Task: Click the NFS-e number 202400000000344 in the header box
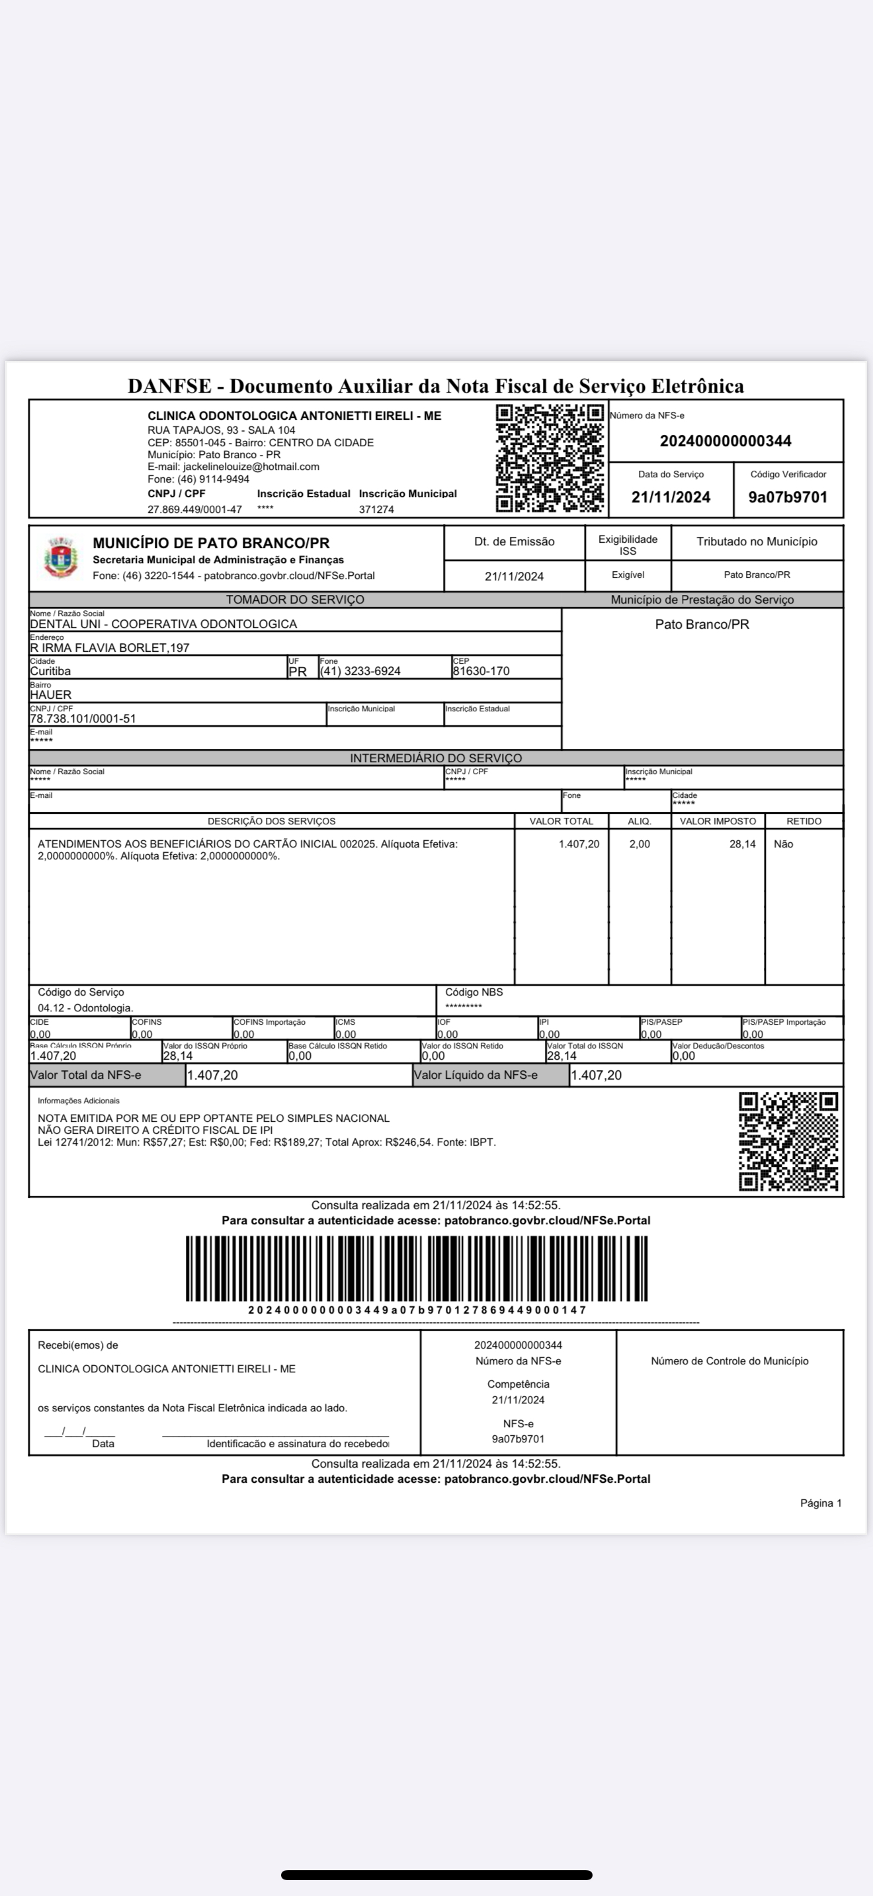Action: pos(725,441)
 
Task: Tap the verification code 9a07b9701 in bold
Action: pos(788,497)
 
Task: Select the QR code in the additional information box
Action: pos(788,1141)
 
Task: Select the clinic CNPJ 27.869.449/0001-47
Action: pos(194,509)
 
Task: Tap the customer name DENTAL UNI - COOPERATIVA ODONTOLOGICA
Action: pos(163,624)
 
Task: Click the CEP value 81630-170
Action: pos(481,671)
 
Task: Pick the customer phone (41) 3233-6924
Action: pos(360,671)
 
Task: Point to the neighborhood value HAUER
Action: pos(51,695)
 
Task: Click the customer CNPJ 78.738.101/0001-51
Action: pos(83,719)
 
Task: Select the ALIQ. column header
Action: pos(639,820)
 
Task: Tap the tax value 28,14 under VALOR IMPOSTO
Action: pos(742,844)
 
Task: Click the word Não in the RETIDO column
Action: pos(783,844)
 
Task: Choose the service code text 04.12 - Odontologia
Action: pos(85,1007)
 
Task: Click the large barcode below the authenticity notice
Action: pos(417,1268)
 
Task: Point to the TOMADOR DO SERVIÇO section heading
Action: pos(294,600)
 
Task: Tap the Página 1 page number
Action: pos(821,1503)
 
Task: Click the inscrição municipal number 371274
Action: pos(376,509)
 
